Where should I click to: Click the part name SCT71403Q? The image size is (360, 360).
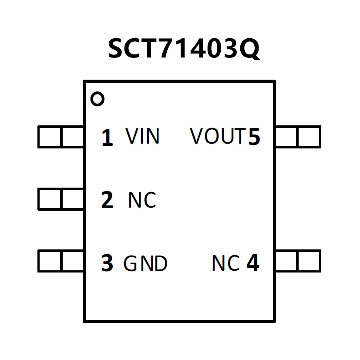(x=184, y=48)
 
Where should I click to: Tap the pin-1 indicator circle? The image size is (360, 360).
(x=98, y=99)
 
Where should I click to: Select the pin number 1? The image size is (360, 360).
(x=107, y=138)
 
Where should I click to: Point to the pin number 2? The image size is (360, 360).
(x=107, y=200)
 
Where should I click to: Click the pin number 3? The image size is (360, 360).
(x=107, y=263)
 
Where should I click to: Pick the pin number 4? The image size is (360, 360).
(x=253, y=263)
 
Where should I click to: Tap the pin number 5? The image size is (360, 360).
(x=254, y=138)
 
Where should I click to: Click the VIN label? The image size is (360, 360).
(x=143, y=137)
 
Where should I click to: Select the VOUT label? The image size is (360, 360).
(x=218, y=137)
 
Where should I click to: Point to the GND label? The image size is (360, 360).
(x=145, y=264)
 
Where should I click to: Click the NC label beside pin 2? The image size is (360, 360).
(x=142, y=200)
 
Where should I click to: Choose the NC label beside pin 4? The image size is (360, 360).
(x=225, y=263)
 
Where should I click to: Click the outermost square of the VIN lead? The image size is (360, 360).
(x=50, y=137)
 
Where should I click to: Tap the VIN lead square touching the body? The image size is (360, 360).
(x=72, y=137)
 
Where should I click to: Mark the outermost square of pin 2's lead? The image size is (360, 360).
(x=50, y=199)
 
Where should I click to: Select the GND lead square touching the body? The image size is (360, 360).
(x=72, y=261)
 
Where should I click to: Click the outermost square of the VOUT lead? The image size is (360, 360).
(x=309, y=137)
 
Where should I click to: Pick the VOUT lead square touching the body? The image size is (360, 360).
(x=286, y=137)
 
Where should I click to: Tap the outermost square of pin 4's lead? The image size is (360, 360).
(x=309, y=261)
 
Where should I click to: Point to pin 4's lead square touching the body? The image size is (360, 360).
(x=286, y=261)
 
